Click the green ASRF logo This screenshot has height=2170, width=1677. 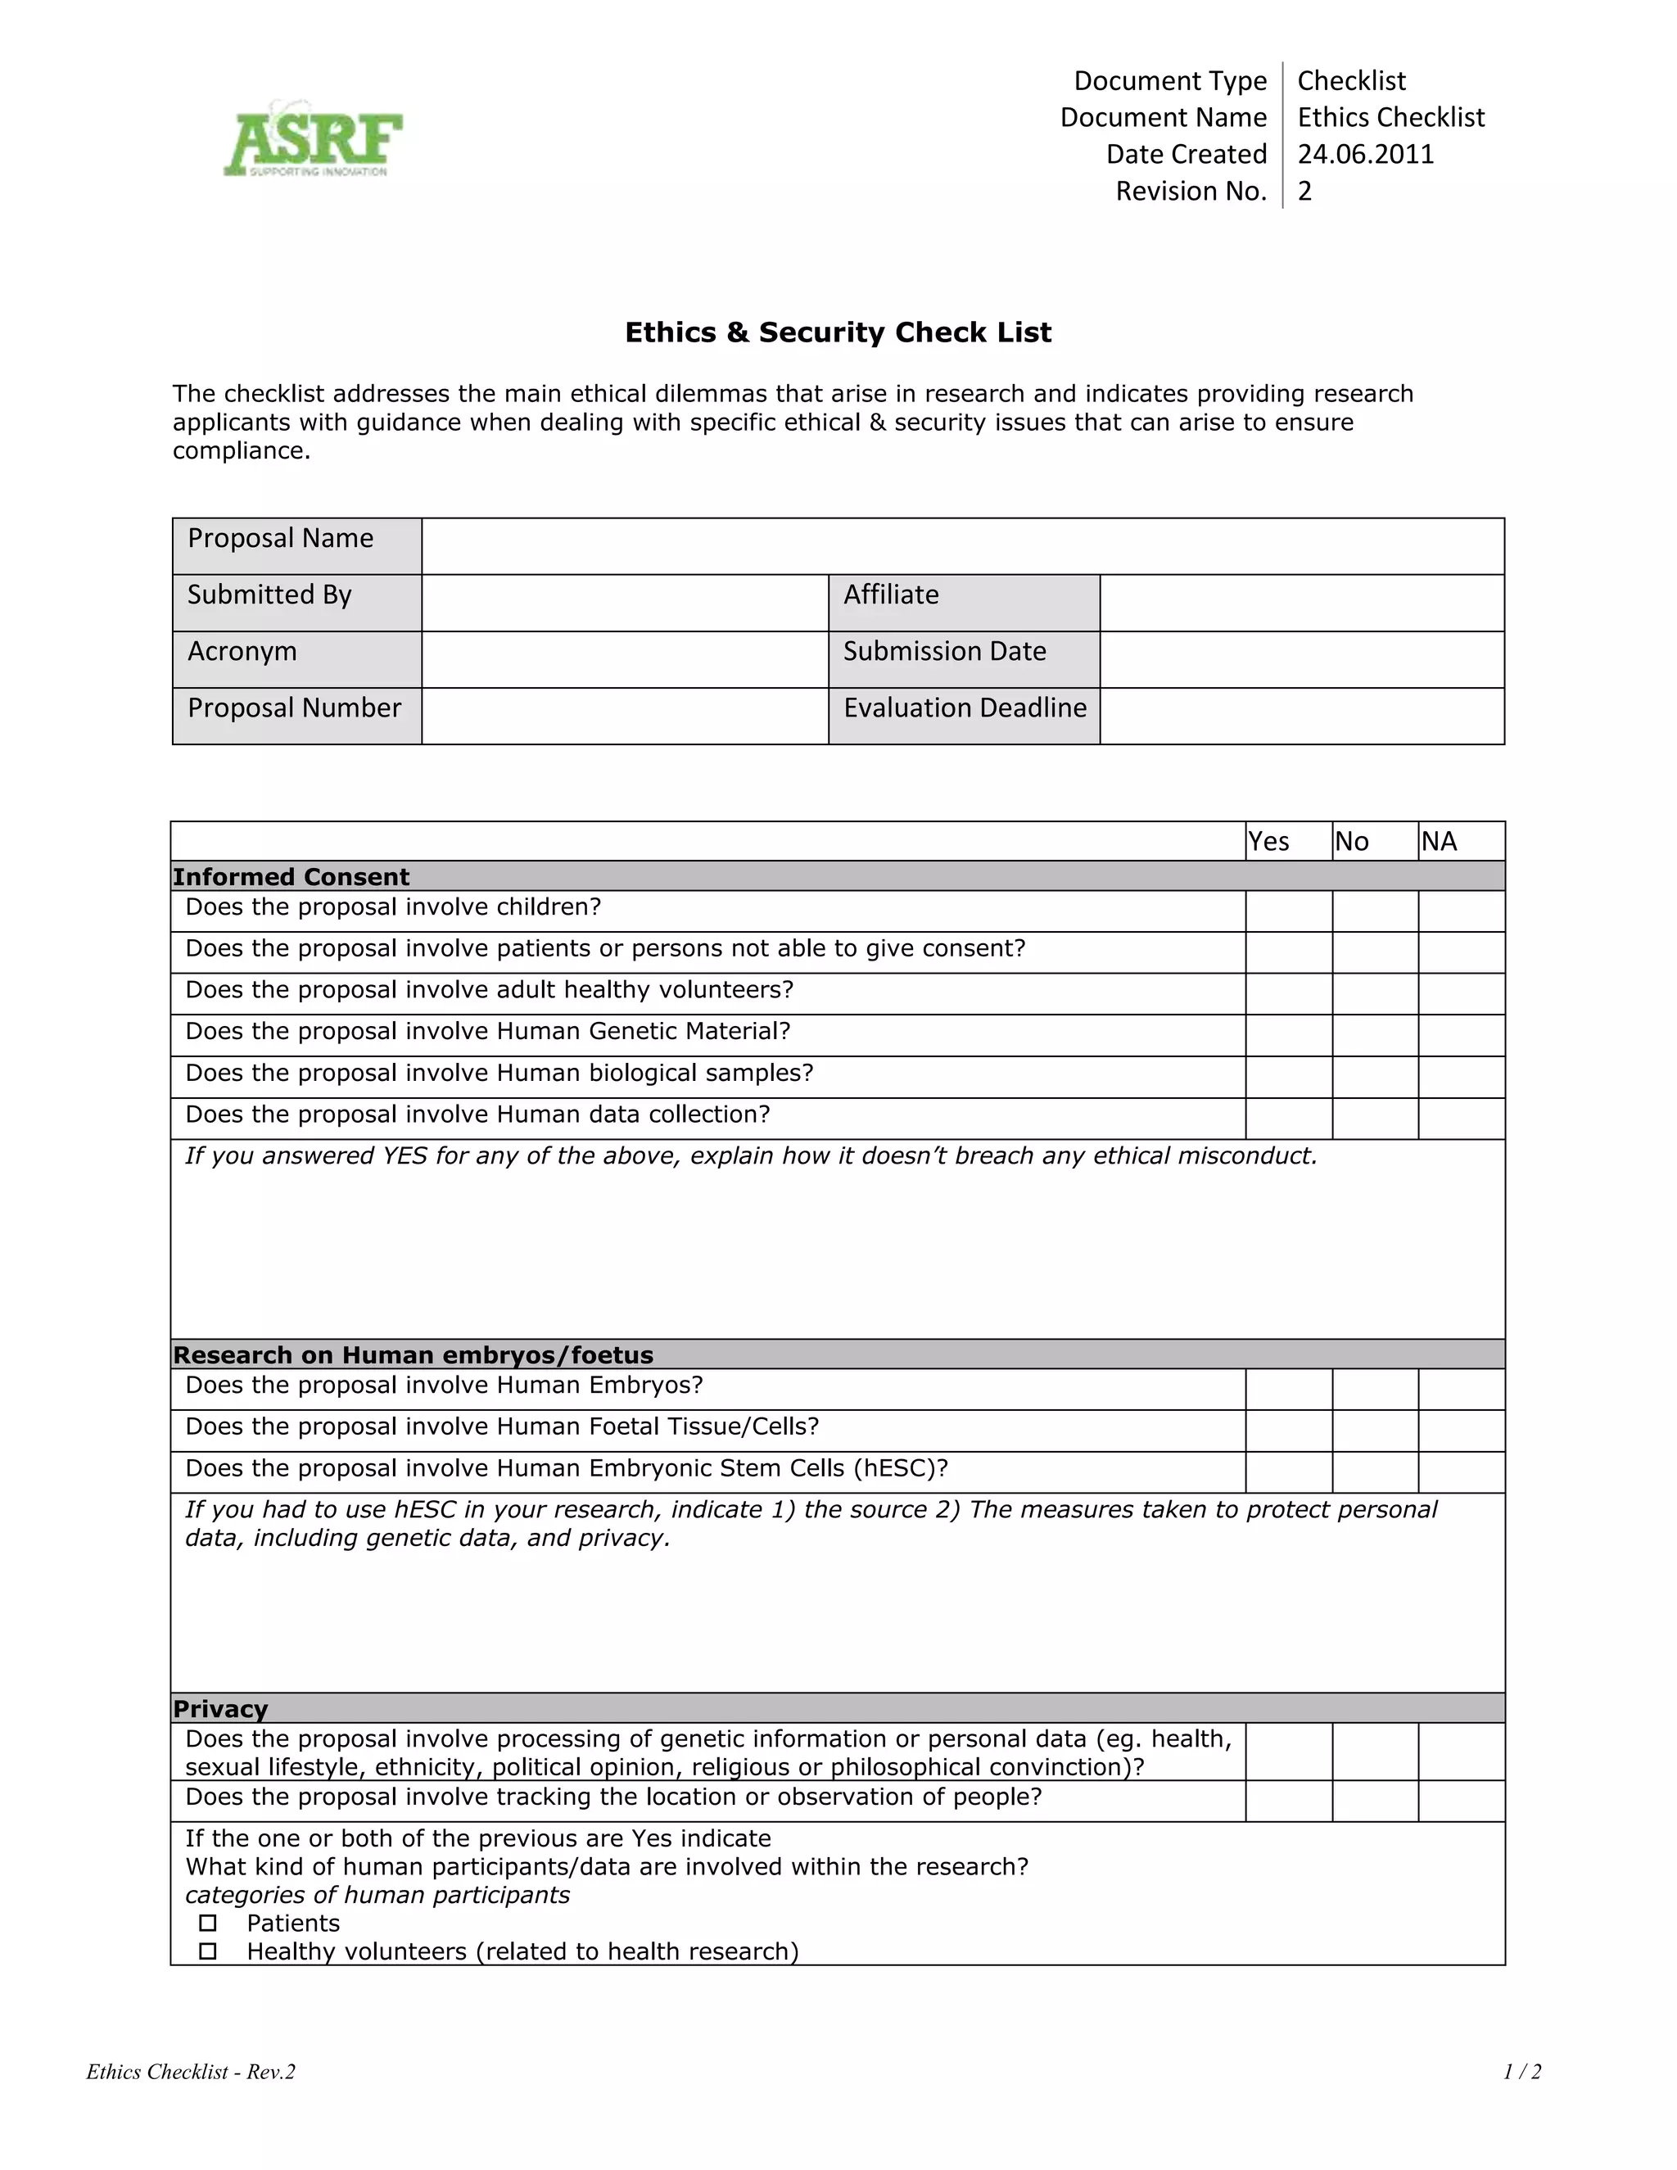[313, 140]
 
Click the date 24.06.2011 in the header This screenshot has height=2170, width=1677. [1365, 154]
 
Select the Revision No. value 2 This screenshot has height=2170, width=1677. [1304, 191]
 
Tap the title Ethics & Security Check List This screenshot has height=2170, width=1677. [838, 332]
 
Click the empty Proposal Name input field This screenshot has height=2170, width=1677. [961, 545]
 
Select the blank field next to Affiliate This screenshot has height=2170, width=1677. [1301, 602]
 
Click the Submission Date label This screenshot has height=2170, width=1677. [944, 651]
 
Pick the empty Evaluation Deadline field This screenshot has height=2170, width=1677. [1301, 716]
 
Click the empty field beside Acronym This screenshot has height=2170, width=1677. [624, 658]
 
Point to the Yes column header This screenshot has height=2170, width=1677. [1268, 842]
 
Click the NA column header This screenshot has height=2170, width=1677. [1439, 842]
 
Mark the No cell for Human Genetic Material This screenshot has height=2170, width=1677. [1374, 1034]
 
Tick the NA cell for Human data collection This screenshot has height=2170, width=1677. [1461, 1118]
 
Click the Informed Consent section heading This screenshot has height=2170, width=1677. [291, 876]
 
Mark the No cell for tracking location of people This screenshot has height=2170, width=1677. [1374, 1801]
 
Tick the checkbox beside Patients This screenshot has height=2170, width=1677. [208, 1923]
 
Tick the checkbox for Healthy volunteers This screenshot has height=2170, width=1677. [208, 1951]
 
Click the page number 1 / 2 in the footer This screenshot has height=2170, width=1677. [1522, 2072]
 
